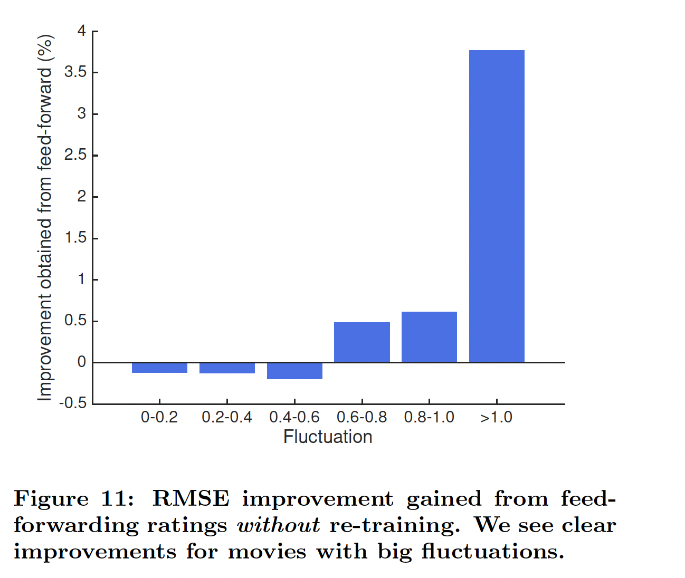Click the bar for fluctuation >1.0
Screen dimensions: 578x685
pyautogui.click(x=497, y=206)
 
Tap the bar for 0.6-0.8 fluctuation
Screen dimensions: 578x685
pyautogui.click(x=361, y=342)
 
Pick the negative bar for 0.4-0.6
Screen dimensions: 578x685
pyautogui.click(x=294, y=371)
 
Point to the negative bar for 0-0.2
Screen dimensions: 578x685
pyautogui.click(x=159, y=368)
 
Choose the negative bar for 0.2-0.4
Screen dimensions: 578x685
pyautogui.click(x=227, y=368)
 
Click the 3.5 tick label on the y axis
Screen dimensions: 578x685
pyautogui.click(x=75, y=72)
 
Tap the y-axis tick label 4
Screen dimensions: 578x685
pyautogui.click(x=81, y=31)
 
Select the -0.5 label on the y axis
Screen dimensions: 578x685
pyautogui.click(x=73, y=403)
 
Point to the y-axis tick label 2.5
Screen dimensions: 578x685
pyautogui.click(x=75, y=155)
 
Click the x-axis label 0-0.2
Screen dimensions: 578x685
pyautogui.click(x=159, y=417)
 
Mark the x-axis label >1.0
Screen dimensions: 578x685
pyautogui.click(x=497, y=417)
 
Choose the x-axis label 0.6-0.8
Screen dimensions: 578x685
pyautogui.click(x=361, y=417)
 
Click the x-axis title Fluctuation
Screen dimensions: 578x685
pyautogui.click(x=328, y=437)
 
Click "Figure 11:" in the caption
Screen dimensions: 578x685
pyautogui.click(x=74, y=499)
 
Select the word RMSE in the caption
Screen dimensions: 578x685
pyautogui.click(x=191, y=499)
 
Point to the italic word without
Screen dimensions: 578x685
pyautogui.click(x=278, y=525)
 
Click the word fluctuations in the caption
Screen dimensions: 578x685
pyautogui.click(x=492, y=552)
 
